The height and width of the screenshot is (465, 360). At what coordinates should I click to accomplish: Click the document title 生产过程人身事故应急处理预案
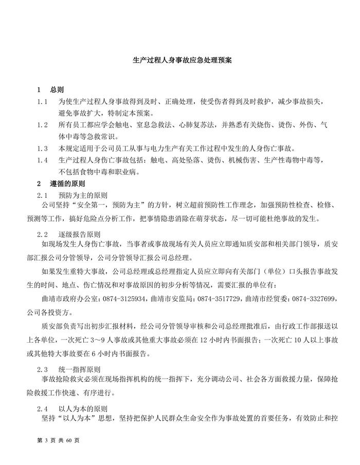(x=179, y=60)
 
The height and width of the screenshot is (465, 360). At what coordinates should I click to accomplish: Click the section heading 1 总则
(x=50, y=90)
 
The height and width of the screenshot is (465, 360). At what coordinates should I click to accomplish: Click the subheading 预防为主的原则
(x=83, y=195)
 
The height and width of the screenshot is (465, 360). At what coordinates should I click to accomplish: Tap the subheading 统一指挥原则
(x=79, y=369)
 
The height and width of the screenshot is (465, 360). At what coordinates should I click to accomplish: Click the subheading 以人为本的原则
(x=83, y=408)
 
